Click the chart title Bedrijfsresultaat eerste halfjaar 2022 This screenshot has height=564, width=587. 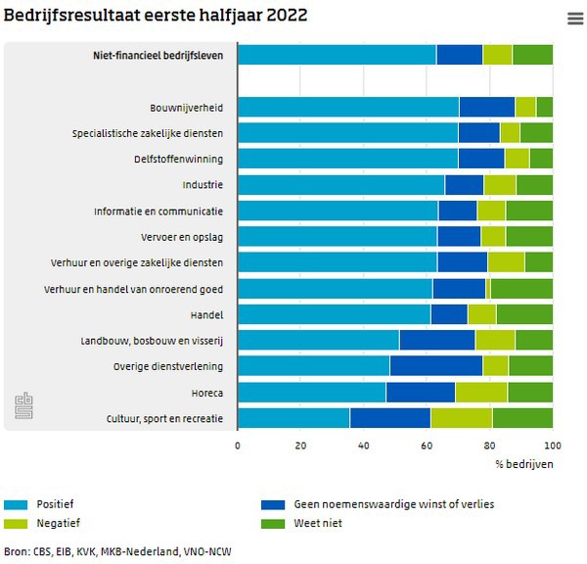point(156,15)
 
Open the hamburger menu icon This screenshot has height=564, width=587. point(574,19)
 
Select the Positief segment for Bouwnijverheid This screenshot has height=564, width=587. point(348,108)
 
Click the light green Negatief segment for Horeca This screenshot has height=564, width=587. point(480,393)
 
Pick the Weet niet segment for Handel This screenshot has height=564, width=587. point(523,314)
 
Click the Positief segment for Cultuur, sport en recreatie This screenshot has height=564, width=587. point(293,418)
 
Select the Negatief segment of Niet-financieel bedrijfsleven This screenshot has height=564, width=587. point(497,55)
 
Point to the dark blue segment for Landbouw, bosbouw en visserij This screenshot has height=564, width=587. point(436,340)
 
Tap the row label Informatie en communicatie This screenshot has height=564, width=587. point(158,211)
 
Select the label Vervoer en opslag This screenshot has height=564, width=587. point(182,237)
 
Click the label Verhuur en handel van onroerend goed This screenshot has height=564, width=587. point(133,289)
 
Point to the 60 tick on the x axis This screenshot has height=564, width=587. point(427,446)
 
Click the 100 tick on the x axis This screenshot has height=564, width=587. point(552,446)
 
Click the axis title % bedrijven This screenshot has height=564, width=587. point(523,463)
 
